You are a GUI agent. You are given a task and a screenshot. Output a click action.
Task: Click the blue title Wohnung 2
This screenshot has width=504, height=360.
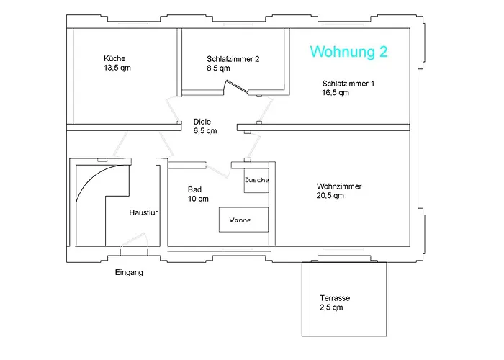349,52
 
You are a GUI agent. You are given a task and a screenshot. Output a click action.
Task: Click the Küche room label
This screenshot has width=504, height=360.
115,58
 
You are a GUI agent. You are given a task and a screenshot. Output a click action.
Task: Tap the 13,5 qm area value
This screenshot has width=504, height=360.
117,68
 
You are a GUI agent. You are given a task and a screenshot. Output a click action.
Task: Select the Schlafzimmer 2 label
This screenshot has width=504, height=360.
233,59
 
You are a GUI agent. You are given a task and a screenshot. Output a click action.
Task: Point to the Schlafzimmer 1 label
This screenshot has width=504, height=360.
348,84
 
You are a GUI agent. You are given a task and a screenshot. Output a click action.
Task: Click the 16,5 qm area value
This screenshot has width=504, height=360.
336,93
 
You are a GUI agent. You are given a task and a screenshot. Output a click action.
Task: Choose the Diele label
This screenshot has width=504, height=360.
202,122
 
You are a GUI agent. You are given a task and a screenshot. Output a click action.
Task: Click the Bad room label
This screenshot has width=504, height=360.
194,189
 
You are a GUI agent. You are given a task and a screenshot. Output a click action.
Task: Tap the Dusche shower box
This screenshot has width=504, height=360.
256,180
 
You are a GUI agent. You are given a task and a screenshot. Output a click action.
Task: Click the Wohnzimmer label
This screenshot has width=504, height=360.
338,186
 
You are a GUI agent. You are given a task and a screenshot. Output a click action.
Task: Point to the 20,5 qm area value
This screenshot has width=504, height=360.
330,195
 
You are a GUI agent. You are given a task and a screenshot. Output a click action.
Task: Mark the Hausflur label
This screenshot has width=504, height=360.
143,213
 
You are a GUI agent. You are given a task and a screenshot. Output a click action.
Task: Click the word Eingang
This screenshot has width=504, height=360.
129,273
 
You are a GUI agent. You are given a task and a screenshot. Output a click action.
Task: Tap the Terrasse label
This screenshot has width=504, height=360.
336,298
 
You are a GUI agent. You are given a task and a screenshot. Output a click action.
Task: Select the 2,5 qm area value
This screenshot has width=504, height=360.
332,307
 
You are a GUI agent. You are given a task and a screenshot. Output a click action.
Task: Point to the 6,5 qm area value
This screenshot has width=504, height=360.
205,131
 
